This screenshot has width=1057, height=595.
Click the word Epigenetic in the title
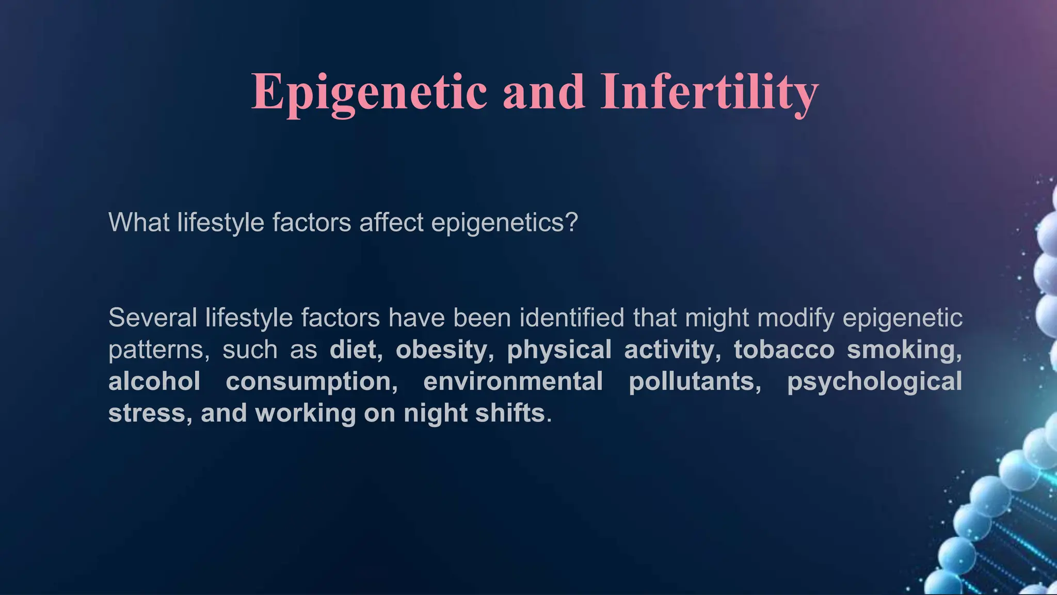(369, 92)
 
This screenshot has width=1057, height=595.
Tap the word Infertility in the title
(709, 92)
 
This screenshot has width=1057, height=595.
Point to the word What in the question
(139, 223)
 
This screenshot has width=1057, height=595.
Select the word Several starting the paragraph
(153, 318)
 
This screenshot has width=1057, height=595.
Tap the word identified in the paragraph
(572, 318)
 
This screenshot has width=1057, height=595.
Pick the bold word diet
(354, 350)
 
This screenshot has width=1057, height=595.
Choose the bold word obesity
(442, 350)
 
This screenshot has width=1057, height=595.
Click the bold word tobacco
(784, 350)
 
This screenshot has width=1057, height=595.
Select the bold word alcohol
(154, 382)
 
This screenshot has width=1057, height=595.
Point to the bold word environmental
(513, 382)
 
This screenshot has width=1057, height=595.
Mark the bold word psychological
(874, 382)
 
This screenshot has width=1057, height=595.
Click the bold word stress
(147, 413)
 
